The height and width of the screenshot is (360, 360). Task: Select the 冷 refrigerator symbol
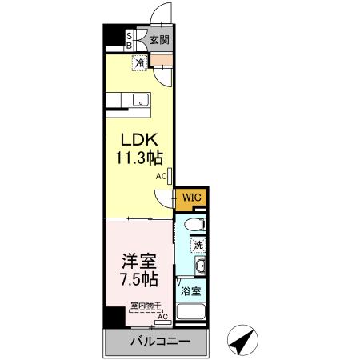tap(139, 62)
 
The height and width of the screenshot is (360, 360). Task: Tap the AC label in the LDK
tap(160, 175)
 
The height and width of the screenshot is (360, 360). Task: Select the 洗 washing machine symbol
tap(197, 244)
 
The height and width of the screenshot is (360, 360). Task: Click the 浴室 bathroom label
tap(190, 292)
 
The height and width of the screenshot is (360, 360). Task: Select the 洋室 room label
tap(138, 262)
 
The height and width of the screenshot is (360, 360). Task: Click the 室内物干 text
tap(146, 306)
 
